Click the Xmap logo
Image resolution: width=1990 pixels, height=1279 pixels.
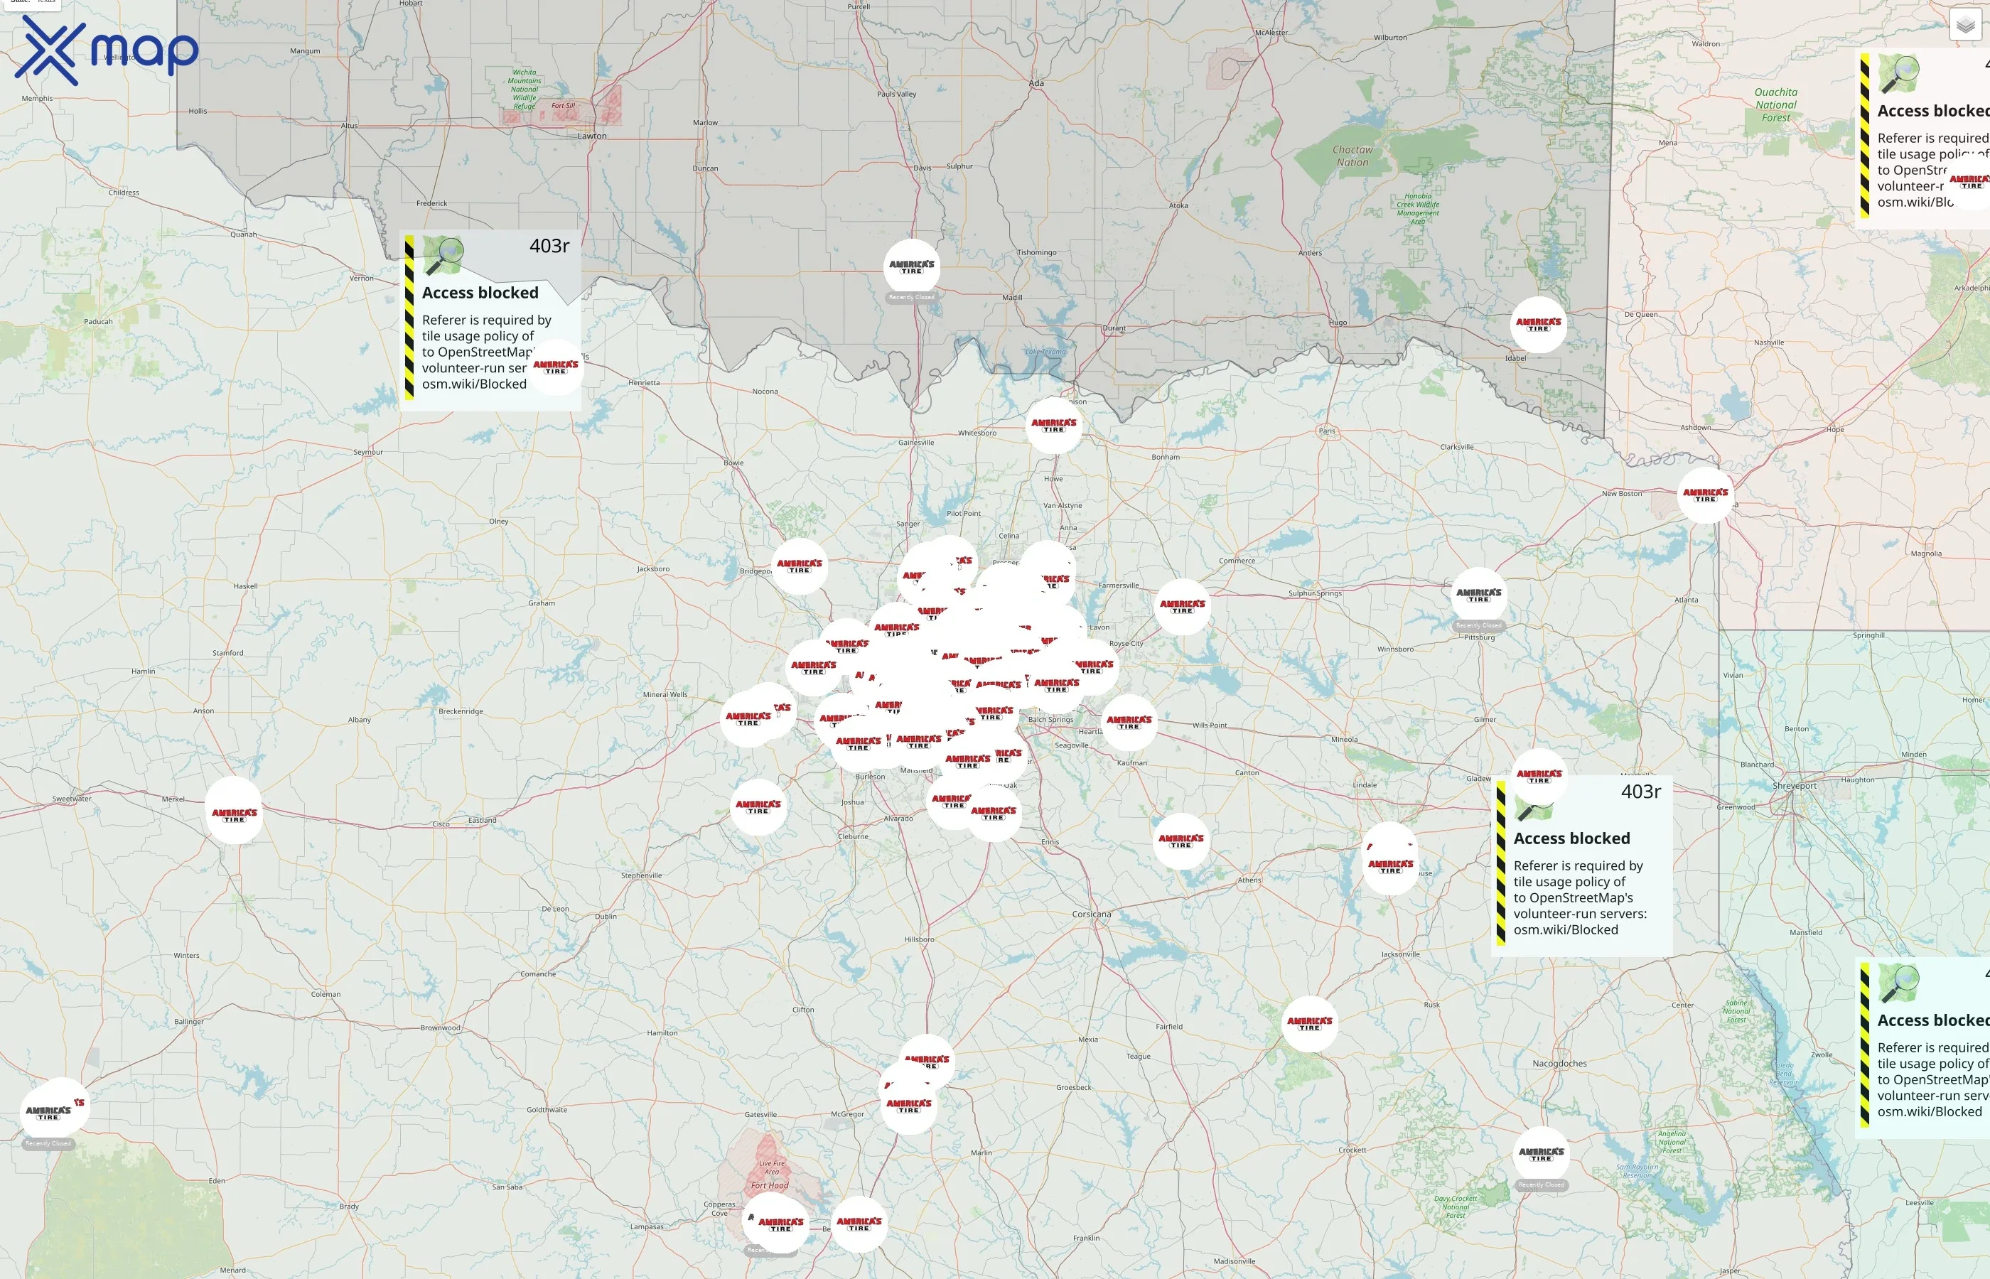[x=107, y=51]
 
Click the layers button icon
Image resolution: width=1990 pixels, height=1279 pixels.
[x=1965, y=25]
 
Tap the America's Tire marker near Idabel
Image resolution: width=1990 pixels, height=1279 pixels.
[x=1538, y=325]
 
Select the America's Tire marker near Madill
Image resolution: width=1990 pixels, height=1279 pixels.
[x=911, y=267]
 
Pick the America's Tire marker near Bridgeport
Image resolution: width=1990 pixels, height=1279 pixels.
[x=799, y=566]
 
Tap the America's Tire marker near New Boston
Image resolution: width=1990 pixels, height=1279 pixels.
[x=1705, y=496]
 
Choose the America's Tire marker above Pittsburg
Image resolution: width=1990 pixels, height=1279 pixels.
[x=1478, y=595]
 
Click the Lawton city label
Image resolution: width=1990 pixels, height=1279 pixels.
[x=592, y=136]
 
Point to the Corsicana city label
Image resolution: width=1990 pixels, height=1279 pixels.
[x=1092, y=914]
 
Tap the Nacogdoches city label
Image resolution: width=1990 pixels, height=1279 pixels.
[x=1559, y=1064]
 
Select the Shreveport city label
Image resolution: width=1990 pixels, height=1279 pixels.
[x=1794, y=786]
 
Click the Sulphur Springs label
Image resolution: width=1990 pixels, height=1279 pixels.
[x=1315, y=594]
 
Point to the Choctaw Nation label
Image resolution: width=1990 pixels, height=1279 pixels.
[x=1353, y=156]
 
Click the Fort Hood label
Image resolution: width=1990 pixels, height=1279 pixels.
[x=769, y=1186]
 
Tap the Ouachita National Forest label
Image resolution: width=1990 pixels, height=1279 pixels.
[x=1775, y=104]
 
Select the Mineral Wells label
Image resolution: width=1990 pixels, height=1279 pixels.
[x=665, y=695]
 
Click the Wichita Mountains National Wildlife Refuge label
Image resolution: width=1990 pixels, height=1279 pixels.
[x=524, y=89]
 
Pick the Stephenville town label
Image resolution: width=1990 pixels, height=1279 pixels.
[x=641, y=875]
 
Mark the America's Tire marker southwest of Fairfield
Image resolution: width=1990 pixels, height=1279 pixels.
[x=1309, y=1024]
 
